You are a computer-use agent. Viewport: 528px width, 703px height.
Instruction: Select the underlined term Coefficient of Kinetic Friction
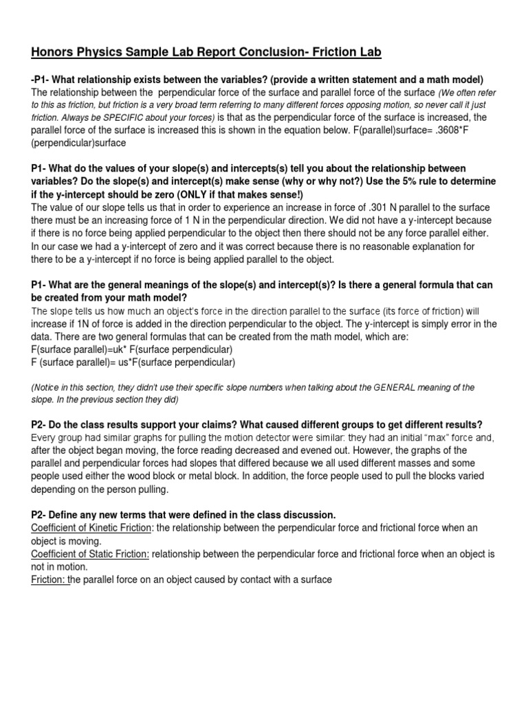click(x=93, y=527)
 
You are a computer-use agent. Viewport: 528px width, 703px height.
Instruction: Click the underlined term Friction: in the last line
click(x=49, y=580)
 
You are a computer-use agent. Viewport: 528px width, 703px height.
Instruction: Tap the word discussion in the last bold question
click(x=298, y=514)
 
